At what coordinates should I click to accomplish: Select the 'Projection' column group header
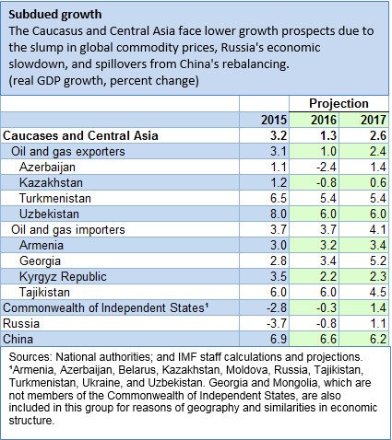[339, 104]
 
